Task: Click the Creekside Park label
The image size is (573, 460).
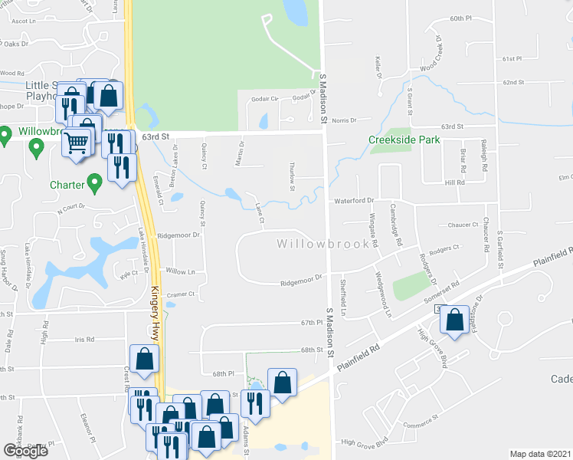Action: coord(404,140)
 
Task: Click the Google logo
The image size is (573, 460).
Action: coord(25,451)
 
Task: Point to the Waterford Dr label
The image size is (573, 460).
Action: coord(353,201)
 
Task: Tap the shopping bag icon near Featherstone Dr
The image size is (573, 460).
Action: coord(455,321)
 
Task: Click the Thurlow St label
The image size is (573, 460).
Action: coord(293,176)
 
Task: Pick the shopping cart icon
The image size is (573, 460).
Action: coord(76,143)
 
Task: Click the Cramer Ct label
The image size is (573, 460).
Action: coord(182,294)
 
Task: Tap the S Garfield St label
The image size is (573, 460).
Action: coord(499,245)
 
